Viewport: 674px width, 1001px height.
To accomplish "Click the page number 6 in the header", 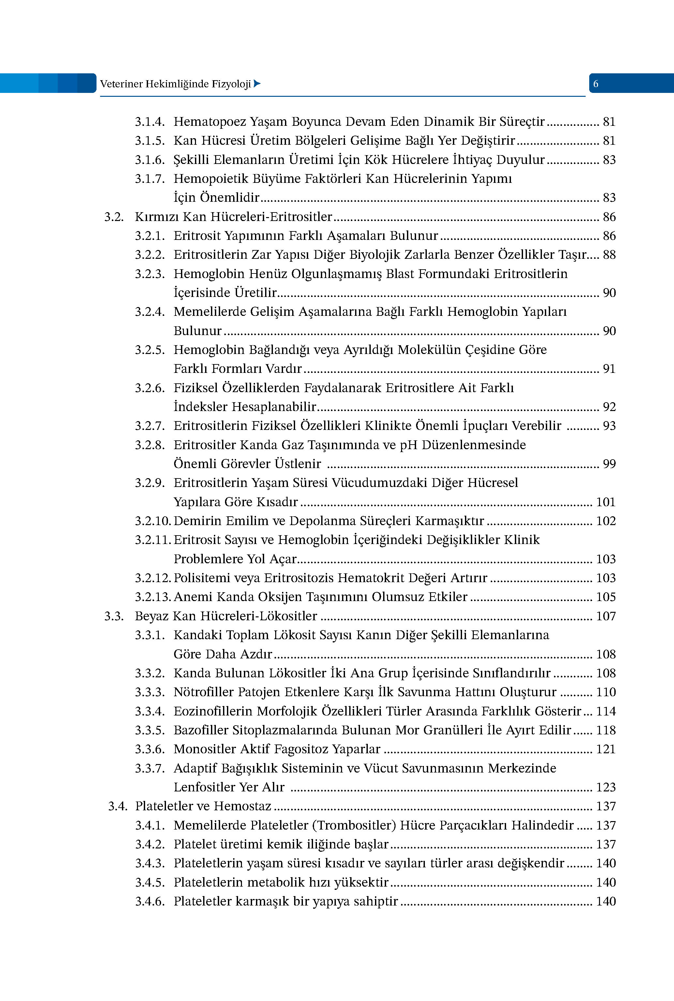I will click(x=595, y=84).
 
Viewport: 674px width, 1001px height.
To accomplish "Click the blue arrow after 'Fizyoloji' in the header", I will click(x=257, y=84).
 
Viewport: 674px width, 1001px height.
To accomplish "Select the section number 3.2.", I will click(x=114, y=217).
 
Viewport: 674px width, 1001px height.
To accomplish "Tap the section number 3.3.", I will click(x=114, y=616).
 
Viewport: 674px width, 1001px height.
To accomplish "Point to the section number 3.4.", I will click(x=118, y=806).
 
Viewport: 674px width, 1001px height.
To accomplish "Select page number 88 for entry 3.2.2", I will click(x=609, y=255).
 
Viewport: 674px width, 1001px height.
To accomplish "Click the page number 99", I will click(x=609, y=464).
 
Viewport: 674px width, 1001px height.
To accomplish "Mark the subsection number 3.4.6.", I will click(x=150, y=901).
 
